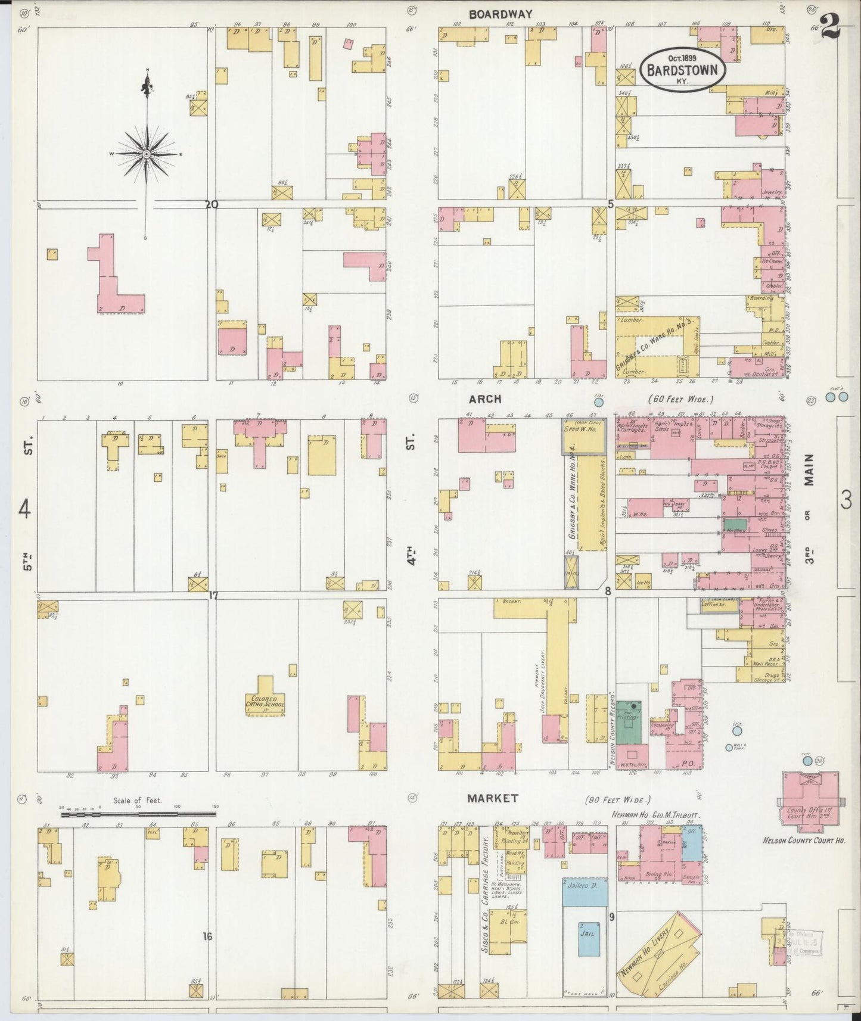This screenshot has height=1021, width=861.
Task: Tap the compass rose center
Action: pos(146,154)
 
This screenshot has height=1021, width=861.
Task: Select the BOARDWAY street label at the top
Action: pos(500,14)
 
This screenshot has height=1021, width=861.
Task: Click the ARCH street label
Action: pos(485,399)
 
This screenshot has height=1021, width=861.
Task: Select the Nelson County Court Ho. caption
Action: pos(805,841)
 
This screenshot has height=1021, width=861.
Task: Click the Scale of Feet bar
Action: pos(138,813)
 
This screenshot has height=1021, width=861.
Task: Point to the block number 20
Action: pos(211,204)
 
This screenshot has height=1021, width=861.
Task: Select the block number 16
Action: pos(207,937)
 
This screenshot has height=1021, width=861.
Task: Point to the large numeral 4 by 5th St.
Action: pos(24,509)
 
